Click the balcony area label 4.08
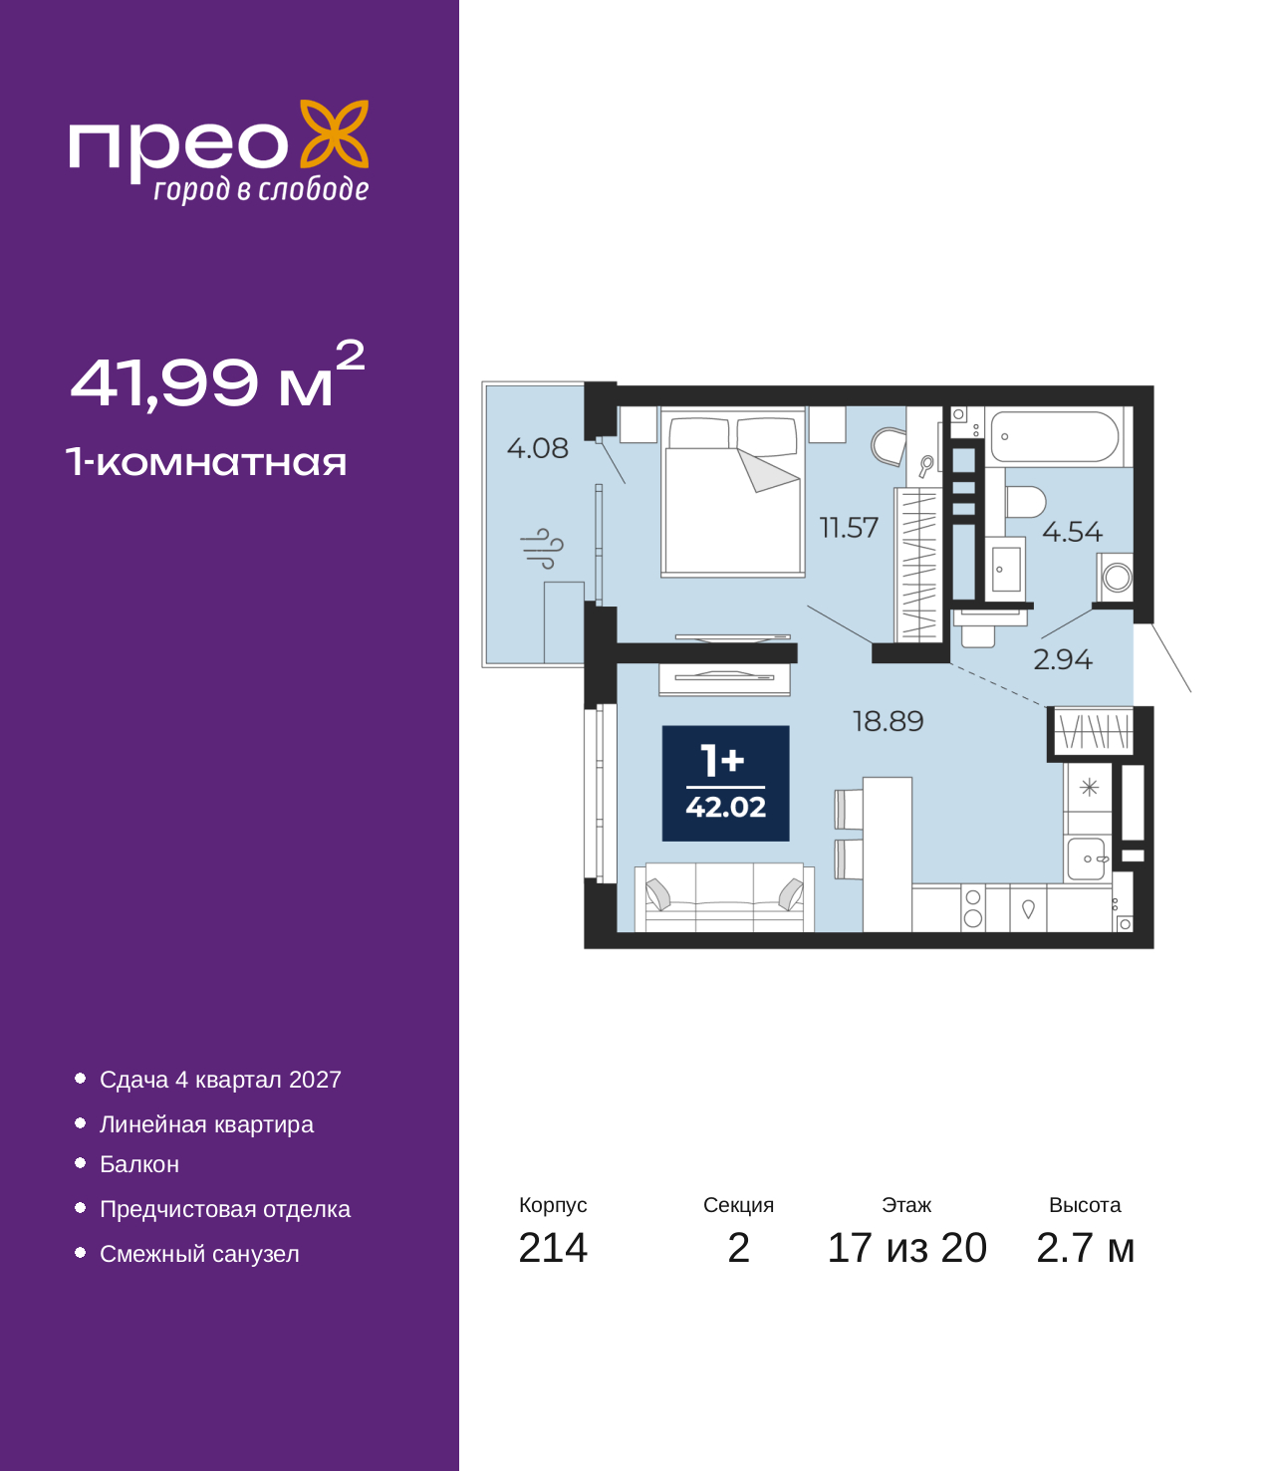point(537,448)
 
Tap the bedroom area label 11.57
point(849,527)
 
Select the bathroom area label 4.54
point(1072,532)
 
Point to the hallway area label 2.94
point(1062,659)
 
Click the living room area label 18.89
point(888,721)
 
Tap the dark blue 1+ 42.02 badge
point(726,783)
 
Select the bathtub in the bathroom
point(1055,437)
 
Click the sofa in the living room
point(724,897)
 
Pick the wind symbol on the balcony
point(542,548)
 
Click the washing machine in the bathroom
point(1117,577)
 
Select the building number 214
point(553,1248)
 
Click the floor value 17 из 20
point(906,1248)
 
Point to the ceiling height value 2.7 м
point(1085,1248)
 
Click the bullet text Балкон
point(139,1164)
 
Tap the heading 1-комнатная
point(206,462)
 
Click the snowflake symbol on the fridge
point(1089,787)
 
